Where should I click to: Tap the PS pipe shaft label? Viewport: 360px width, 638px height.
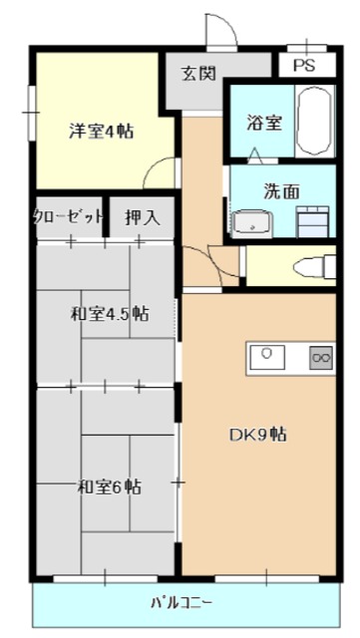tap(305, 67)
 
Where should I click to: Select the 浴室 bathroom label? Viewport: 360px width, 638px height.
tap(263, 124)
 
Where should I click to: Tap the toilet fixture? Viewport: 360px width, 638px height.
tap(314, 266)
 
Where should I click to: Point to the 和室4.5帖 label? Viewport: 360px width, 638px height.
tap(109, 314)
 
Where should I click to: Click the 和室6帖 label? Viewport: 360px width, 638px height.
tap(109, 487)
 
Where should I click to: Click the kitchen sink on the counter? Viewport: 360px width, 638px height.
tap(267, 355)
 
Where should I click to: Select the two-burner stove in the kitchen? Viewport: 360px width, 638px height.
tap(321, 356)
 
